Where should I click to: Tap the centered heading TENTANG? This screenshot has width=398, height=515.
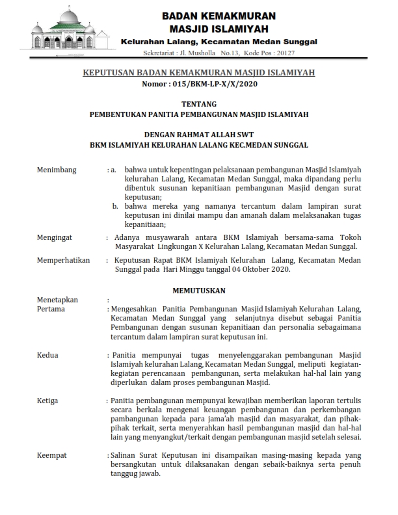[x=199, y=103]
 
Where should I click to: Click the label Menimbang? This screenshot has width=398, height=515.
[x=57, y=170]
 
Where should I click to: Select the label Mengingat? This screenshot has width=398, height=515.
[x=55, y=238]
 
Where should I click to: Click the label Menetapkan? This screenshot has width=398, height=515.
[x=57, y=300]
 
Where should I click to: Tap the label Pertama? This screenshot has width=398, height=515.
[x=51, y=309]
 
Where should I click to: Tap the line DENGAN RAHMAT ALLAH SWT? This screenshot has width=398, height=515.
[x=199, y=136]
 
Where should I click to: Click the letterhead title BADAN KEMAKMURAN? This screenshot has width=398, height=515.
[x=219, y=16]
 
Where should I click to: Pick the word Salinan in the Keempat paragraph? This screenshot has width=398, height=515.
[x=126, y=456]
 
